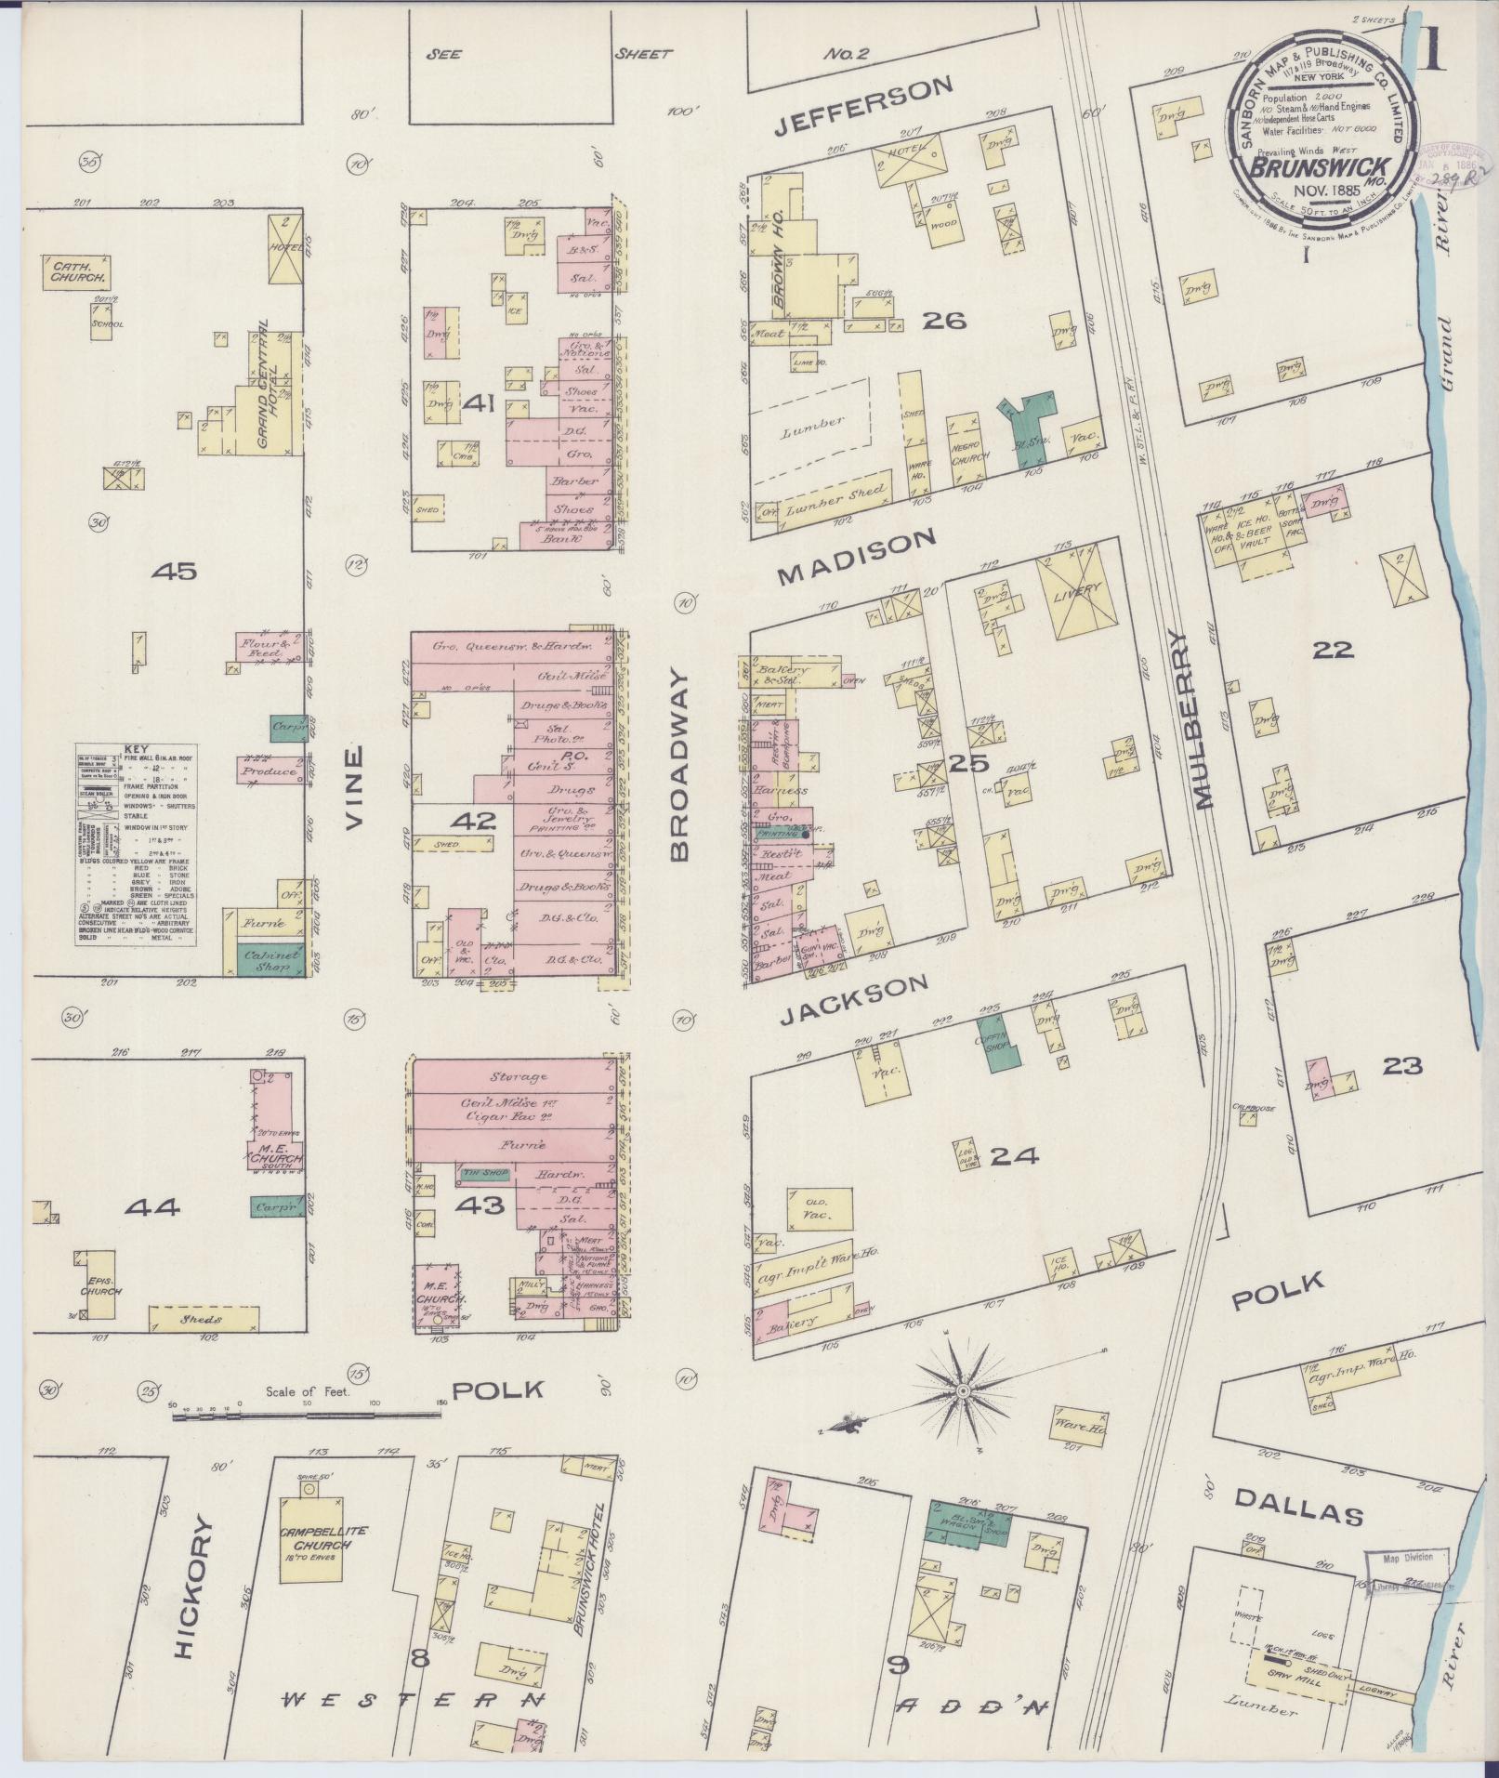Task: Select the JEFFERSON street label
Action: (x=865, y=108)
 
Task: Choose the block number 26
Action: (x=944, y=321)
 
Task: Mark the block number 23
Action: (x=1402, y=1065)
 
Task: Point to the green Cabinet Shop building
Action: (x=267, y=960)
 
